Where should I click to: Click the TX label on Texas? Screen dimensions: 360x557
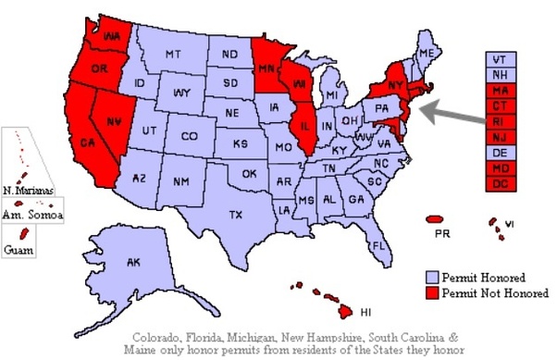(235, 216)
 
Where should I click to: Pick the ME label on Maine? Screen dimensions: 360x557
(426, 54)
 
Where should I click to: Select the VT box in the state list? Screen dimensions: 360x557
(501, 57)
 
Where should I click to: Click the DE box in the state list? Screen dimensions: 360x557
(501, 152)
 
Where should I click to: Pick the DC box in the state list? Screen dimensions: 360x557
(501, 183)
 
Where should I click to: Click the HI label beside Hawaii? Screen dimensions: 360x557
(365, 312)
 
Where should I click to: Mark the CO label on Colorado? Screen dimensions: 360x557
(189, 136)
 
